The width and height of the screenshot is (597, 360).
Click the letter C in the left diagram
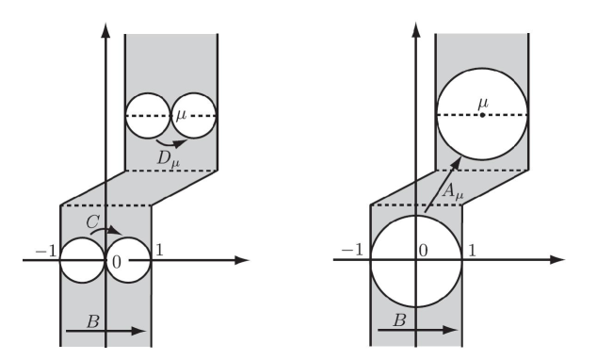(x=88, y=219)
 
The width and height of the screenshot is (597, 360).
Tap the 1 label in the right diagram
(x=469, y=251)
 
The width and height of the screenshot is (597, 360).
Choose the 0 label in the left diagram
(x=115, y=260)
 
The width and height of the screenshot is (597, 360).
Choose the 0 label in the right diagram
(x=424, y=251)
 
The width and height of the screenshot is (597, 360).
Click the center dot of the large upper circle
(x=482, y=115)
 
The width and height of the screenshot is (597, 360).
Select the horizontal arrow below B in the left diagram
(x=104, y=331)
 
